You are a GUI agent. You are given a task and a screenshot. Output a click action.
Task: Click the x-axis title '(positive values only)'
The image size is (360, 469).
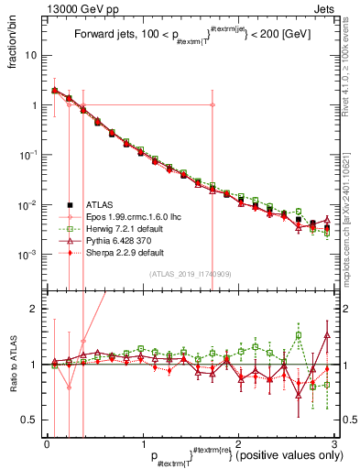click(x=286, y=455)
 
